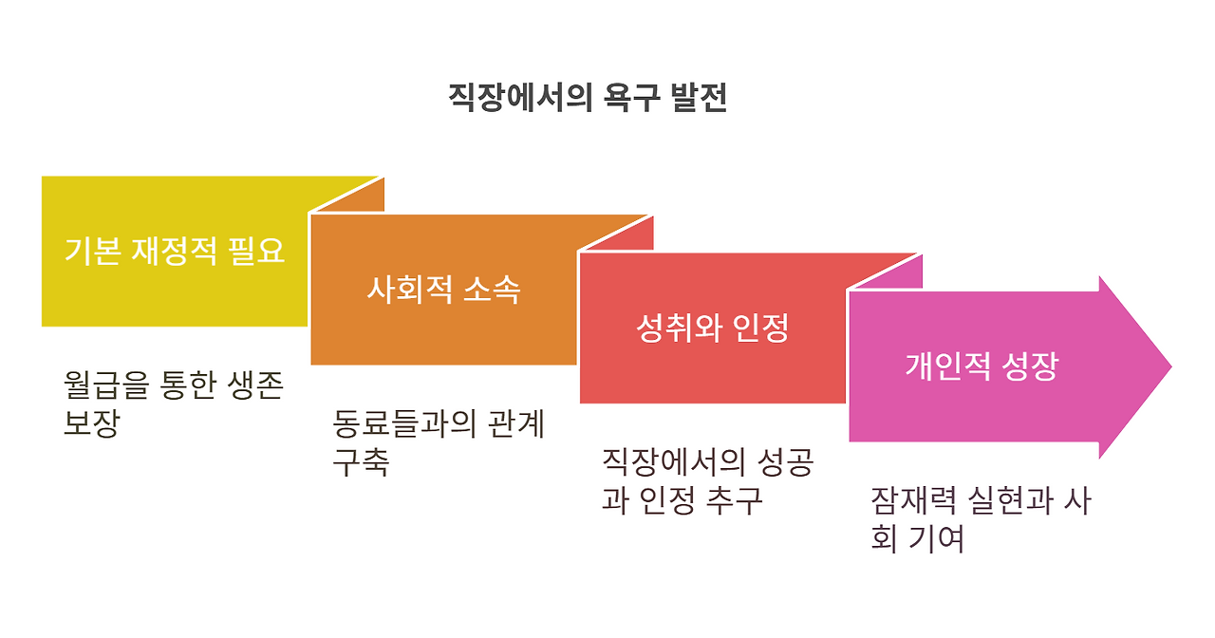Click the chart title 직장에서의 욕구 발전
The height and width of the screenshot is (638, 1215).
(x=588, y=99)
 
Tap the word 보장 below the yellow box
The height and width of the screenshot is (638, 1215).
(x=91, y=423)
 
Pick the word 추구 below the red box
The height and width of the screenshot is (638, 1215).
(x=735, y=500)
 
